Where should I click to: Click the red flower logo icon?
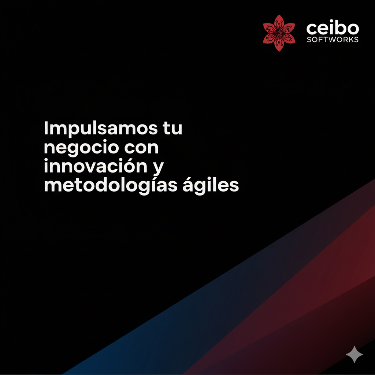(x=279, y=33)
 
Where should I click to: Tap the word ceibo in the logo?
(x=333, y=28)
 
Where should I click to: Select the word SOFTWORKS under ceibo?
(x=333, y=39)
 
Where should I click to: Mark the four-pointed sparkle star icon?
(x=354, y=354)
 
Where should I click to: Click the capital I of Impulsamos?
(x=46, y=129)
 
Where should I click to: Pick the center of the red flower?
(x=279, y=33)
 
